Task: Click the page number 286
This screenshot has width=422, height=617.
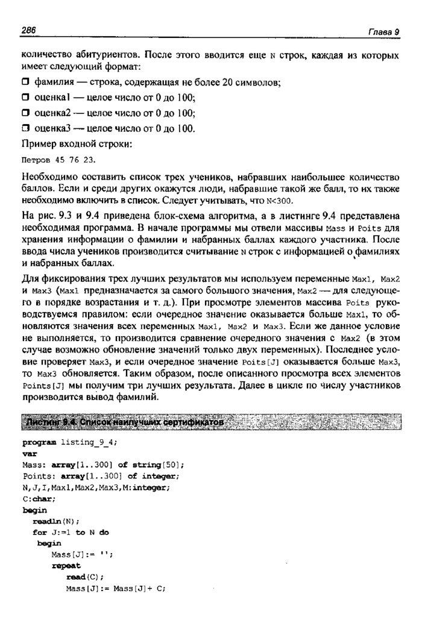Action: tap(29, 31)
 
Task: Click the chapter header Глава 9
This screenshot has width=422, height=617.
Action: tap(384, 32)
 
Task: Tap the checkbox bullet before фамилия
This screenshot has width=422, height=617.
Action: tap(25, 81)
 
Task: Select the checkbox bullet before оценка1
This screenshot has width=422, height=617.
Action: tap(25, 97)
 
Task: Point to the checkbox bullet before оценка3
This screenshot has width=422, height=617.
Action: tap(25, 128)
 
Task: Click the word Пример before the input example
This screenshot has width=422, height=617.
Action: tap(40, 144)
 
